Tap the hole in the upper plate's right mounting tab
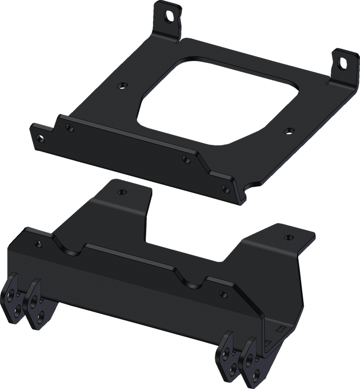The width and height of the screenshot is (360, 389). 342,63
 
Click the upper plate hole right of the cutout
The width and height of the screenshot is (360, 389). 287,131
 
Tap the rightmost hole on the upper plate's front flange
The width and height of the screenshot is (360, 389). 223,189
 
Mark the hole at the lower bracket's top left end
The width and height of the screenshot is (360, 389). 36,244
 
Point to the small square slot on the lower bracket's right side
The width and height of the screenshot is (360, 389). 279,327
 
